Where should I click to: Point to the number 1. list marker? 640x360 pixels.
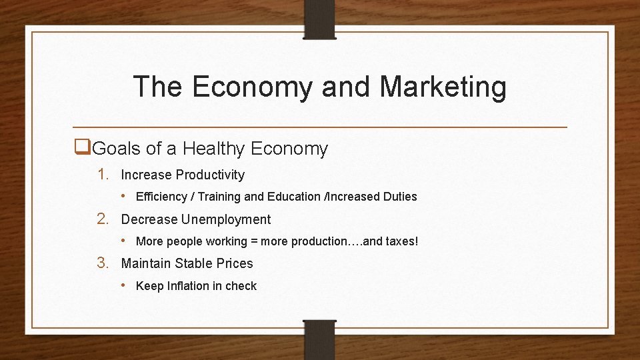[103, 175]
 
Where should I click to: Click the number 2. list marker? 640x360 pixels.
[103, 219]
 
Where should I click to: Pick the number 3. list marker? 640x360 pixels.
[103, 263]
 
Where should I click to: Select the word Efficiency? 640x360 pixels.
[161, 197]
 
